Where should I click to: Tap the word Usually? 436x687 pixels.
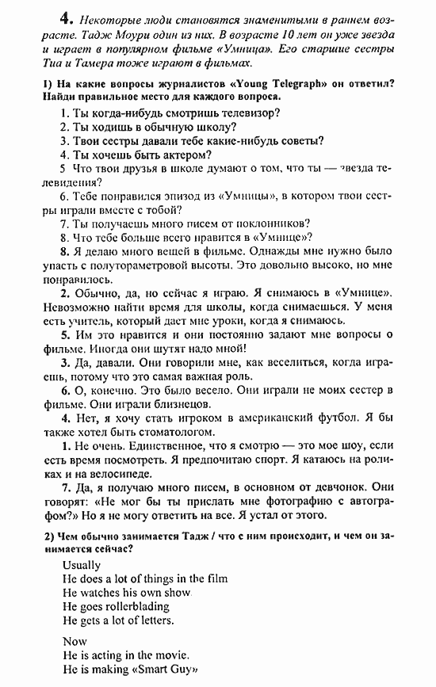tap(82, 565)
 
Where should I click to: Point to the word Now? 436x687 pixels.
tap(75, 640)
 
